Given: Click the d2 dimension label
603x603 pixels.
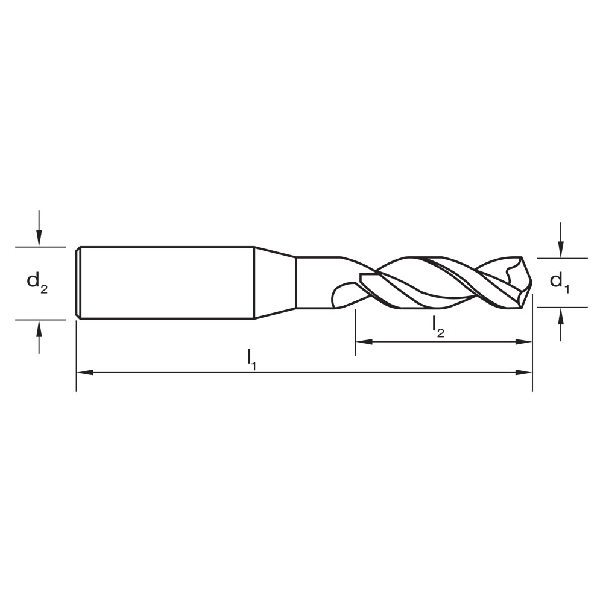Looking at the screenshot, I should click(37, 282).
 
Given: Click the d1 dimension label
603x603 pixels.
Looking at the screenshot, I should click(560, 282).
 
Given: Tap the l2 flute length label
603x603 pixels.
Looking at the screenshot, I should click(438, 327).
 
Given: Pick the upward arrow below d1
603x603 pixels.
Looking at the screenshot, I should click(561, 314).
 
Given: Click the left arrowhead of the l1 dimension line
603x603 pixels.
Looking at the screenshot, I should click(85, 373).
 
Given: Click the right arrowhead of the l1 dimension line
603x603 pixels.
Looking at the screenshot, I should click(525, 373).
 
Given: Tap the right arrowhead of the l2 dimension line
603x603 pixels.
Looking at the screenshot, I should click(524, 341).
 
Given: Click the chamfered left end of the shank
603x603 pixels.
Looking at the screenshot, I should click(78, 282).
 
